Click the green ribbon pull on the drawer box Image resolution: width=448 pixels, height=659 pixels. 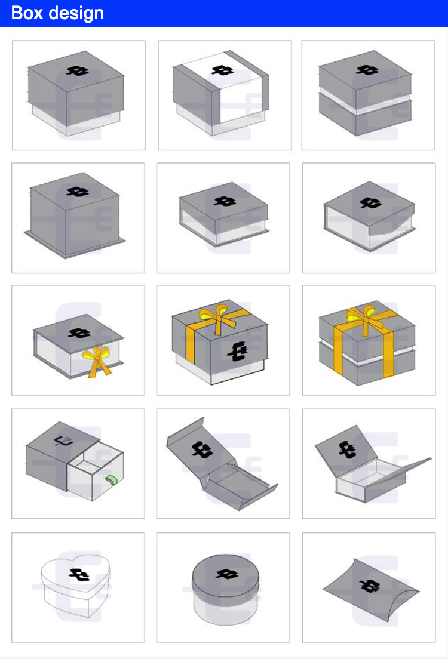point(111,479)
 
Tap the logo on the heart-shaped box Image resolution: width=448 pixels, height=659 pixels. point(78,575)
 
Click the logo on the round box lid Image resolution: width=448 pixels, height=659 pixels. point(226,575)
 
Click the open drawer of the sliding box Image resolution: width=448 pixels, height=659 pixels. point(96,475)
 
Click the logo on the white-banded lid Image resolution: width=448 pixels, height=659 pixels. point(222,70)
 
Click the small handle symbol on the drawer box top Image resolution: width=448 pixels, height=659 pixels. point(60,441)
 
